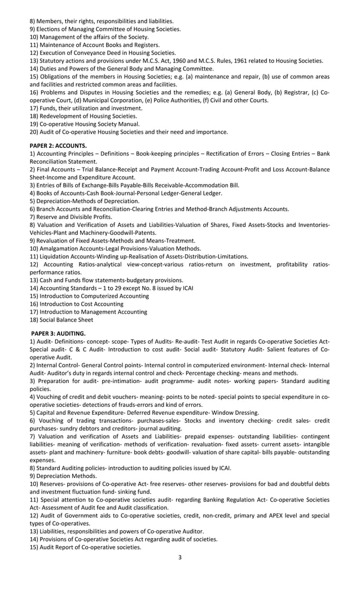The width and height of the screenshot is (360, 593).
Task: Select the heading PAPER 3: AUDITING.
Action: [x=58, y=333]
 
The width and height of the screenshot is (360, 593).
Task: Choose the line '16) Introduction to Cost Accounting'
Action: [x=76, y=304]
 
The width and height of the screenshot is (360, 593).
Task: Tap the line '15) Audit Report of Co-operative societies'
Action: [x=85, y=547]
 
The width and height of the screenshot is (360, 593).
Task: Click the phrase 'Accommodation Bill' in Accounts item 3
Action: [x=213, y=185]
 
